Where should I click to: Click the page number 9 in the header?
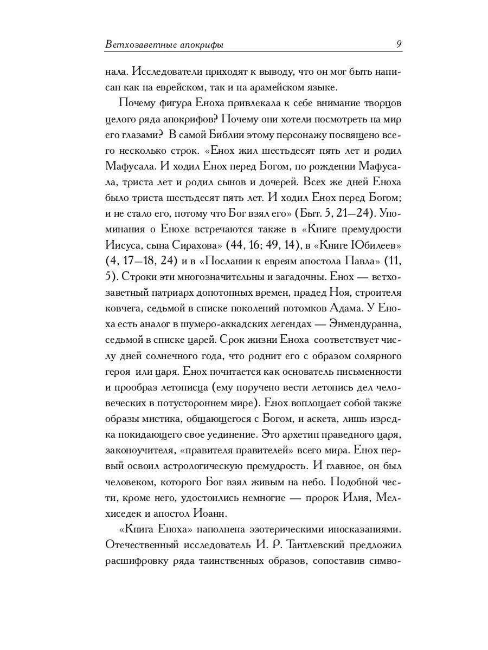coord(399,44)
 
